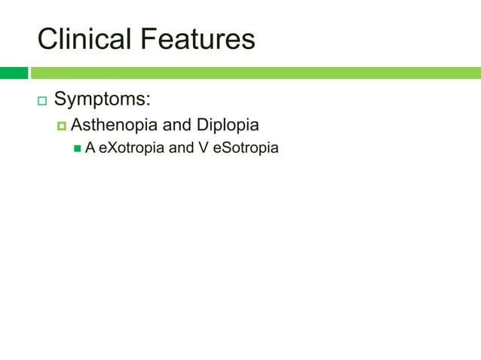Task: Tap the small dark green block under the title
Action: click(14, 73)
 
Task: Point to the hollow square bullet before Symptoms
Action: click(41, 101)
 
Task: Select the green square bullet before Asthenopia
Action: click(62, 126)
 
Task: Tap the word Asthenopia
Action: click(113, 125)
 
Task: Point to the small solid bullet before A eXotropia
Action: click(77, 148)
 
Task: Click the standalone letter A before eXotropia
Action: click(90, 148)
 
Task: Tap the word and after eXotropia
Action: click(181, 148)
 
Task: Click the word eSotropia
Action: click(246, 148)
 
